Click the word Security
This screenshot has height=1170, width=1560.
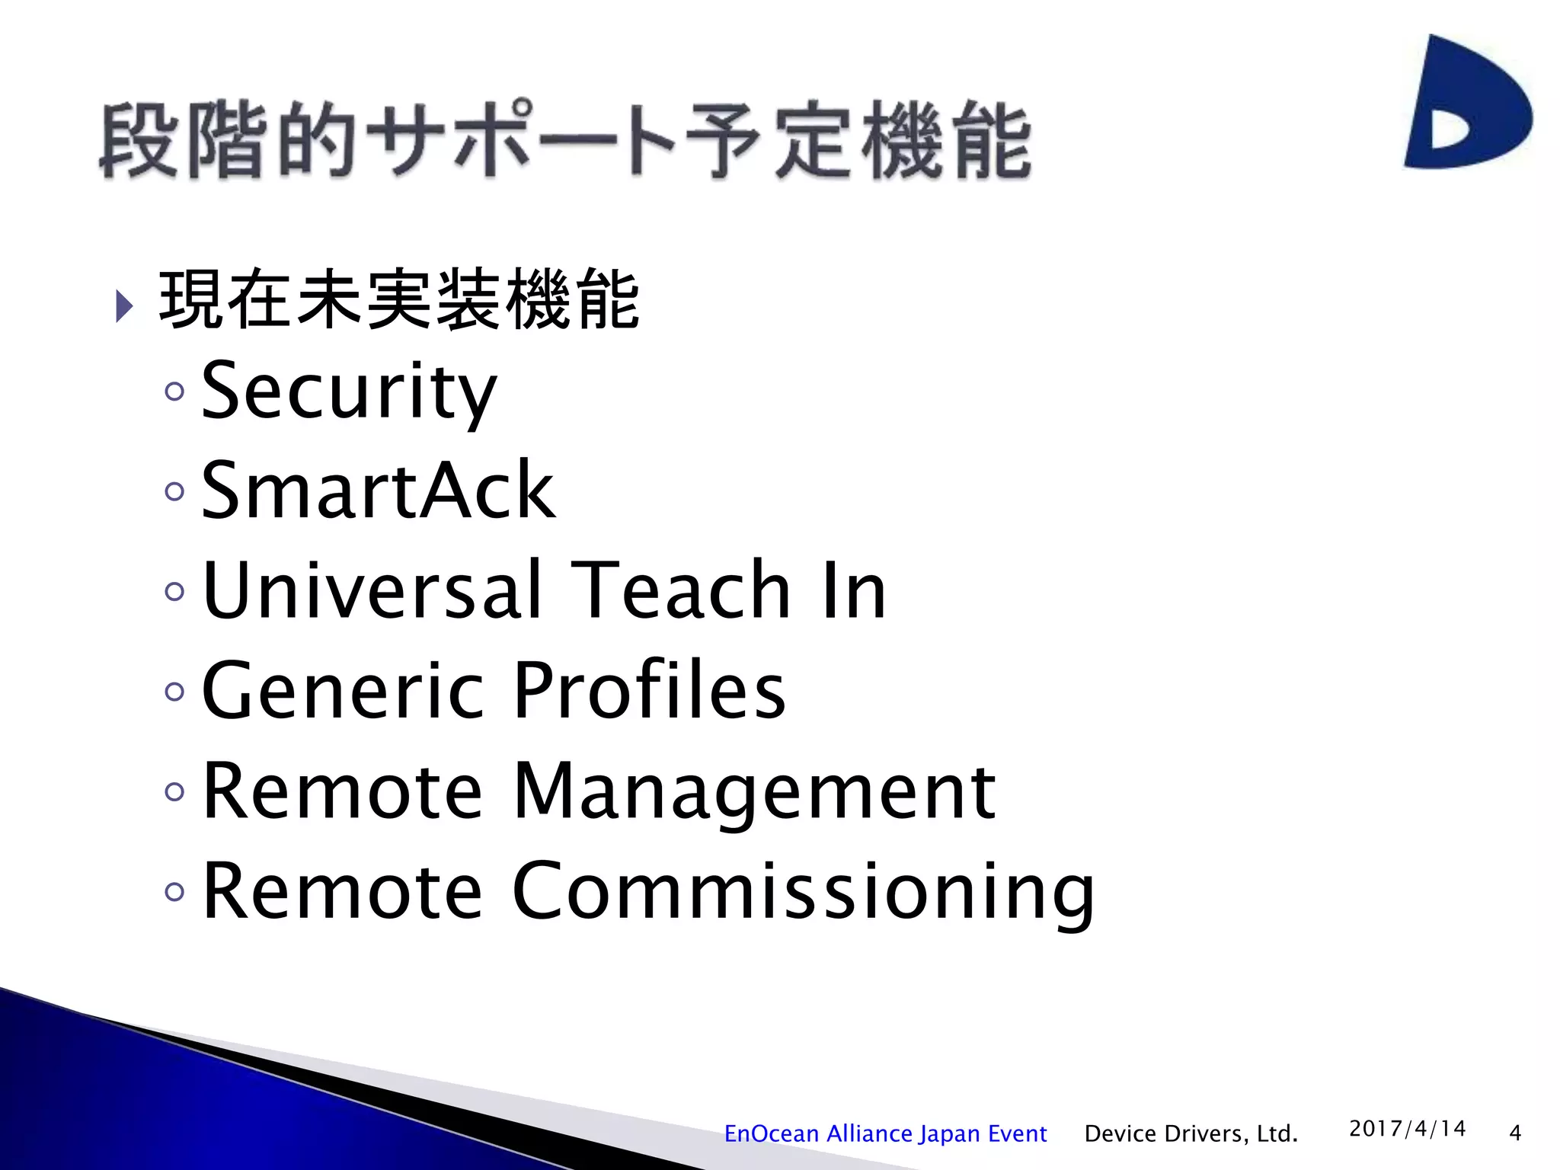tap(349, 392)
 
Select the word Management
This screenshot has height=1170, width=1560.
tap(754, 792)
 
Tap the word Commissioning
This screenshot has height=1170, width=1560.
tap(804, 891)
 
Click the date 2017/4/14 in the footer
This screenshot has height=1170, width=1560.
tap(1407, 1129)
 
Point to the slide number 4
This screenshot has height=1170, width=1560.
tap(1515, 1133)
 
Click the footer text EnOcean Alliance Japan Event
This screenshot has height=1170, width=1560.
tap(885, 1134)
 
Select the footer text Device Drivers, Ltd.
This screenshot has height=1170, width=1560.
tap(1191, 1134)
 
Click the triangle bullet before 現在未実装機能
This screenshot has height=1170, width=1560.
tap(124, 306)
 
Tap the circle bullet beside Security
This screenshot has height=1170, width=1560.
tap(174, 392)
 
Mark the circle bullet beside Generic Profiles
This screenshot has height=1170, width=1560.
tap(174, 692)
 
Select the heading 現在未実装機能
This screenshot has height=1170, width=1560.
tap(399, 300)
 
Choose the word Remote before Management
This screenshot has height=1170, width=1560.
tap(343, 792)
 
